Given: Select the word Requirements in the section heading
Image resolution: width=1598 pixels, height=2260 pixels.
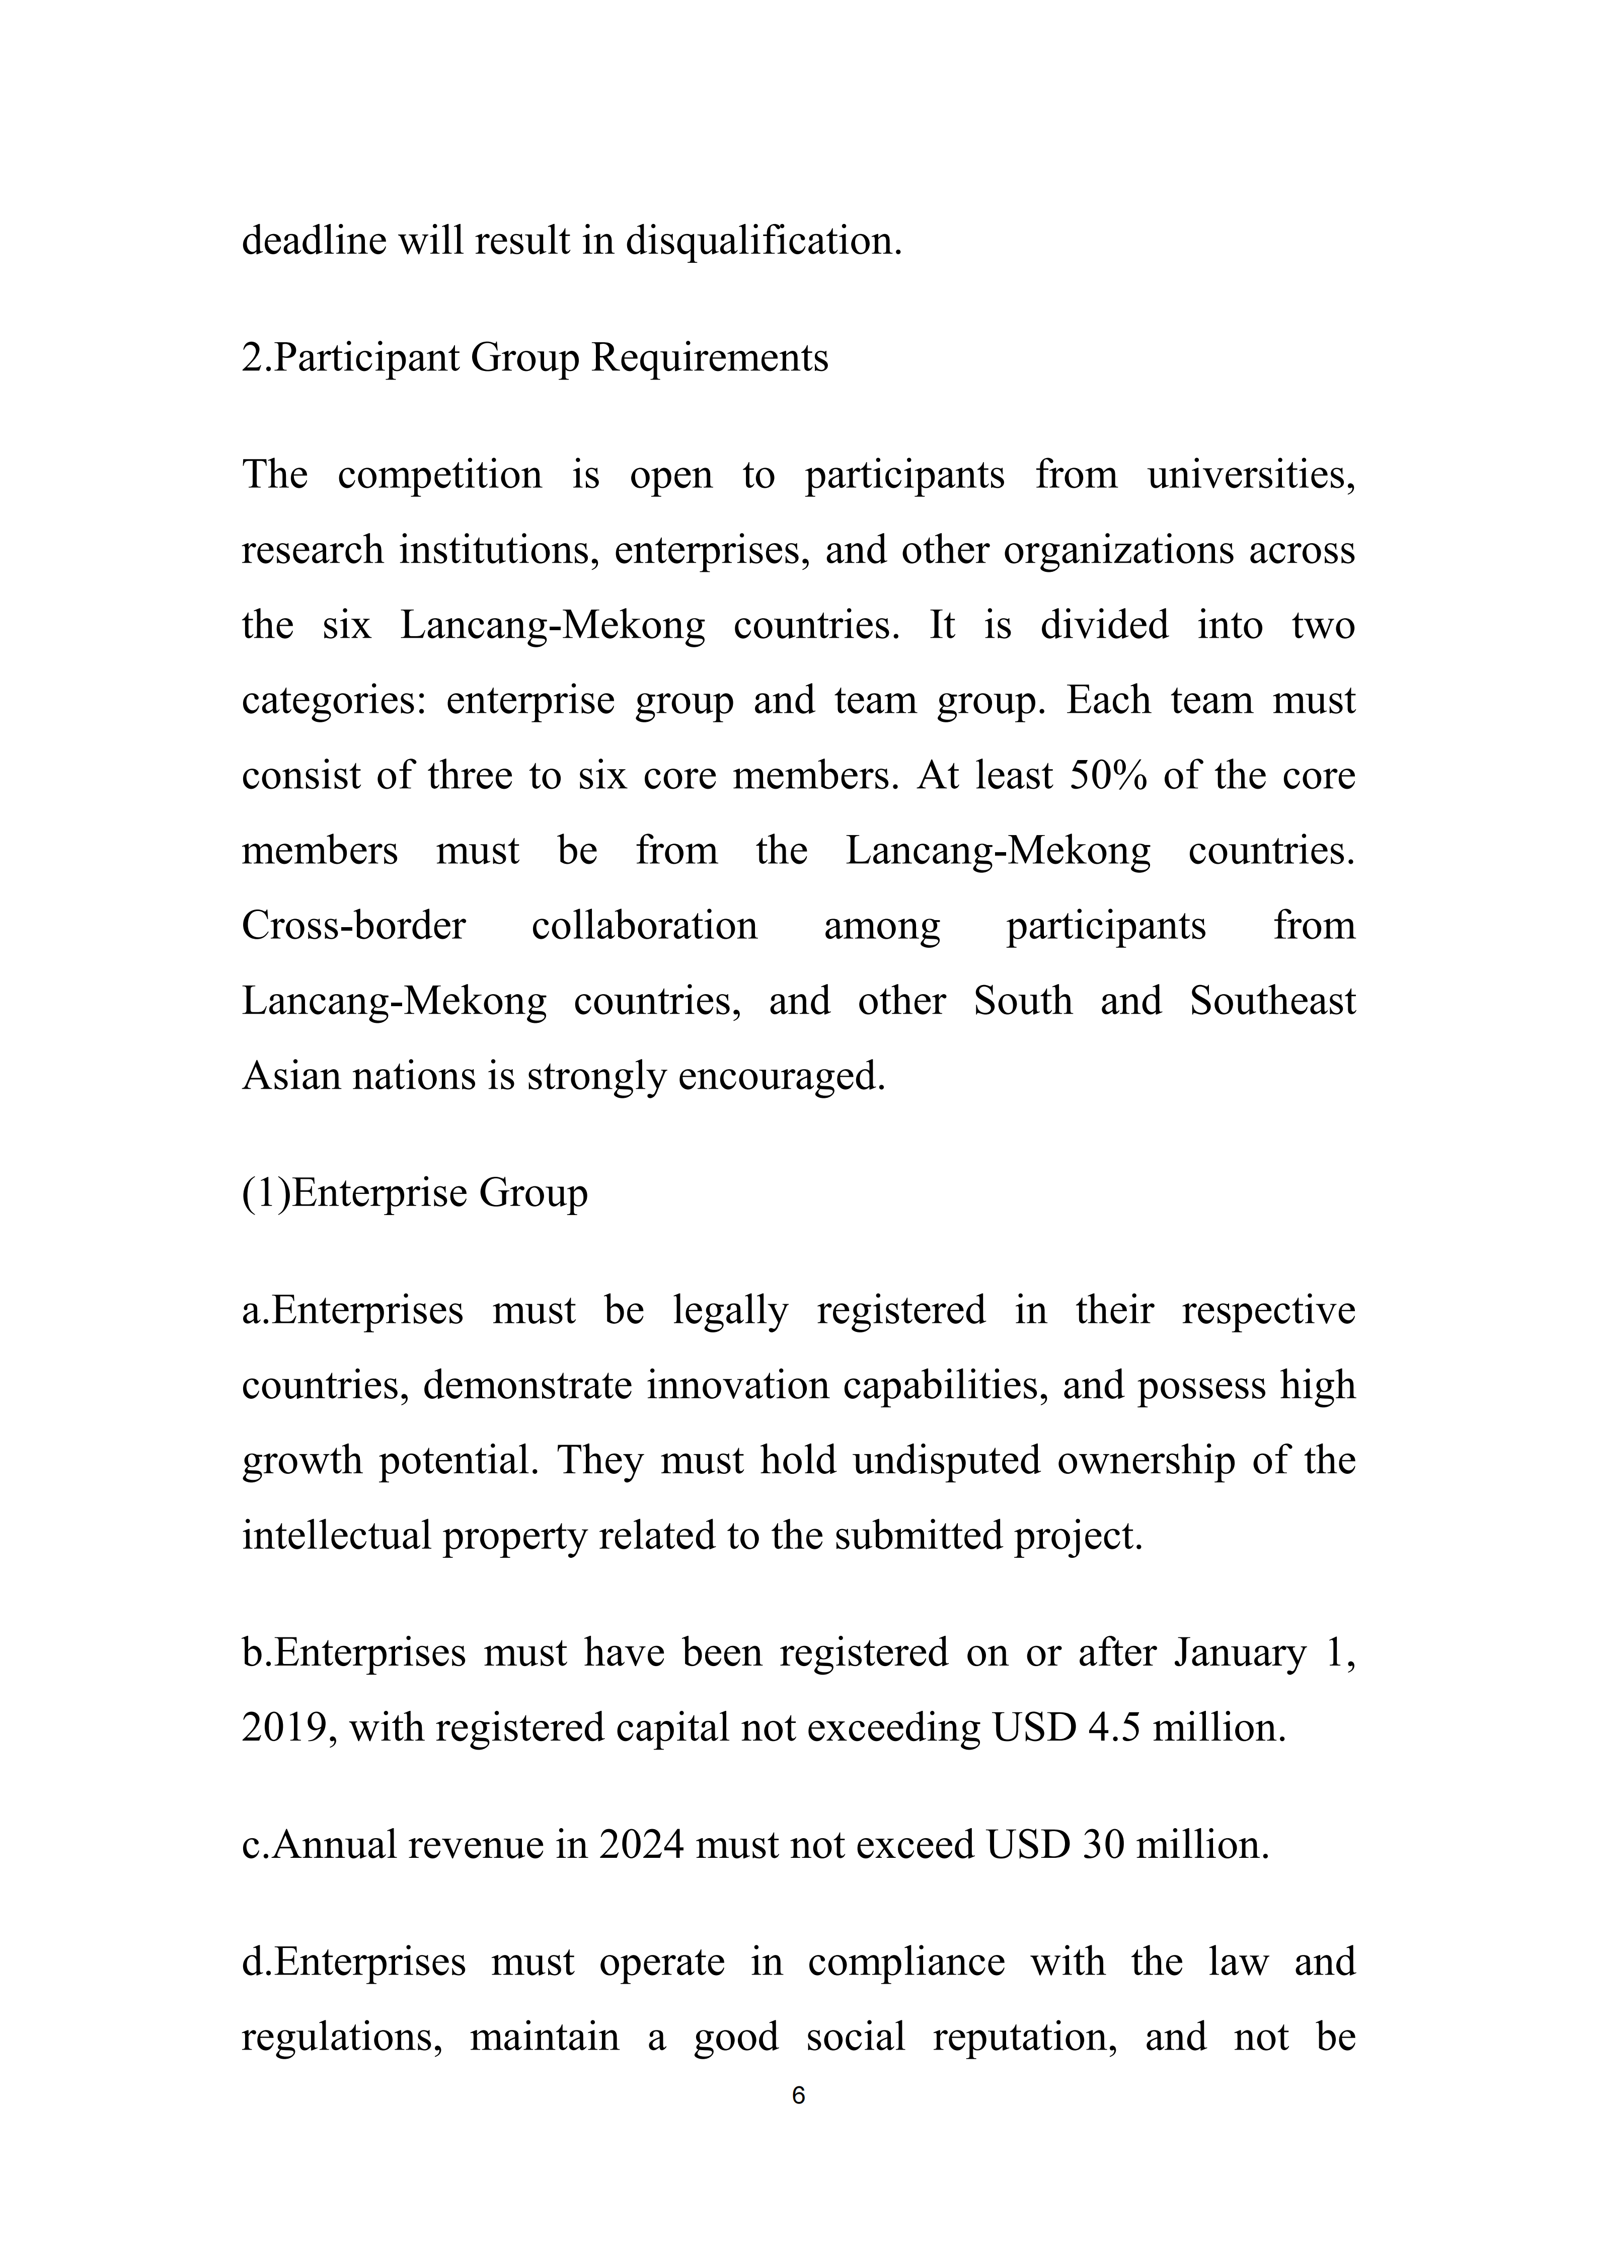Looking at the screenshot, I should click(x=709, y=358).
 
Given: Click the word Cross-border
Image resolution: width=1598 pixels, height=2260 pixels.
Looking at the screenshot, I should click(x=353, y=926).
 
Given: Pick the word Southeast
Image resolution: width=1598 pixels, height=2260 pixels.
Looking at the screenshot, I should click(x=1272, y=1001).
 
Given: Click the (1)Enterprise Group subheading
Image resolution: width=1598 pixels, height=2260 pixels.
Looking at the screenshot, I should click(x=414, y=1193).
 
